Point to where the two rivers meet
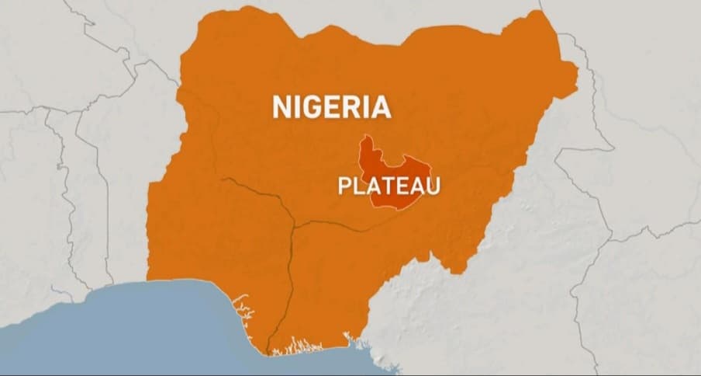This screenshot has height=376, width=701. (x=294, y=228)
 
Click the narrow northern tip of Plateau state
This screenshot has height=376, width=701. (x=367, y=141)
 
